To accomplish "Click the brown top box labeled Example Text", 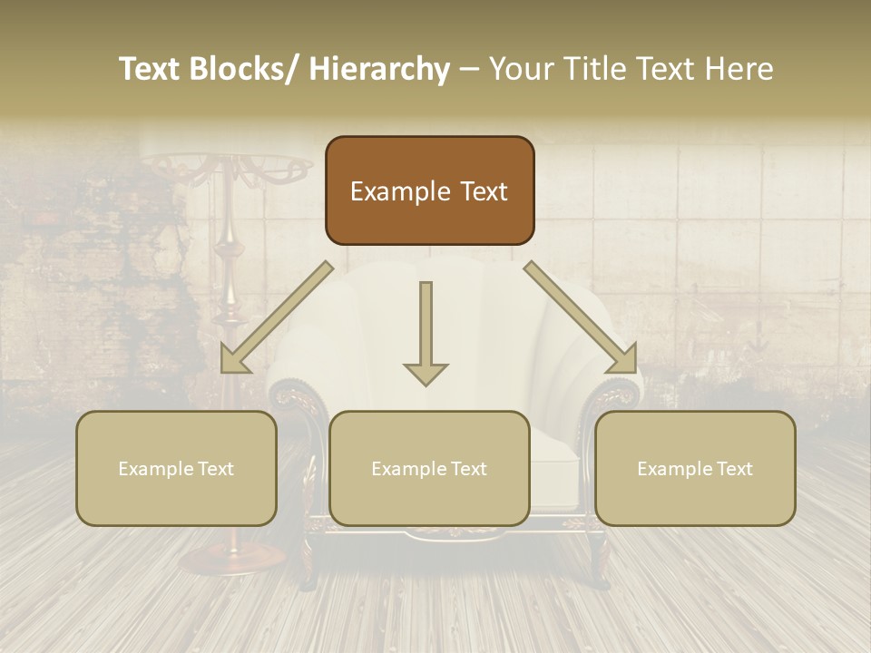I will tap(429, 190).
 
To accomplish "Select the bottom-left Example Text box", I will tap(176, 468).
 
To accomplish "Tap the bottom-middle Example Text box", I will tap(429, 468).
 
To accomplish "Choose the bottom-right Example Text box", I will tap(695, 468).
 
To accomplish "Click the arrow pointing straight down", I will tap(426, 336).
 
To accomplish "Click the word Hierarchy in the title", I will tap(380, 70).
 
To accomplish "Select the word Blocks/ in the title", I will tap(244, 70).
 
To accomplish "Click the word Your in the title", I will tap(522, 70).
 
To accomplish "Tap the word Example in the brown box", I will tap(400, 191).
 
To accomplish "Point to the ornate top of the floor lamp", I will tap(227, 169).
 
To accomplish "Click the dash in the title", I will tap(469, 70).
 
